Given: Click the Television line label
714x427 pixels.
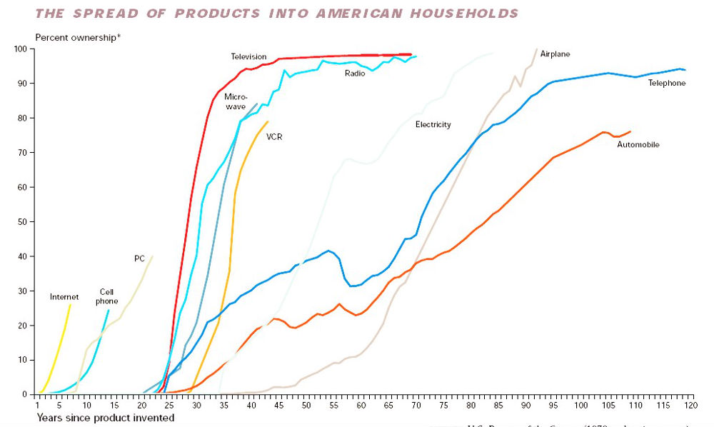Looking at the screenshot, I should tap(248, 56).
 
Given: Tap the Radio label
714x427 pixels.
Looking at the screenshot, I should tap(355, 73).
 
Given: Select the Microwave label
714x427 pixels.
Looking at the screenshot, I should tap(235, 101).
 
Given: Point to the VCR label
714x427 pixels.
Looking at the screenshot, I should tap(274, 136).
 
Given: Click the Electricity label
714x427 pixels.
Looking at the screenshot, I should tap(433, 125).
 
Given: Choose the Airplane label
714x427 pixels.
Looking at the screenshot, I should tap(555, 54).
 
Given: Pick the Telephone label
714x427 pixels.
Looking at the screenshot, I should tap(666, 84).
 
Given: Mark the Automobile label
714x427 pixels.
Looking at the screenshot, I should tap(638, 145).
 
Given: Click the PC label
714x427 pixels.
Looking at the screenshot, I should tap(139, 258).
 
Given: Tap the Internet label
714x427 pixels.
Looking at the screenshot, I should tap(64, 297).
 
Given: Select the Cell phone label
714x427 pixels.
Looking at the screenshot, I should tap(106, 296).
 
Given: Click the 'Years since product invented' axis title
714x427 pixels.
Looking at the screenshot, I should tap(106, 418).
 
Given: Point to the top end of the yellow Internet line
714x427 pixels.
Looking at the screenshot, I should tap(71, 304).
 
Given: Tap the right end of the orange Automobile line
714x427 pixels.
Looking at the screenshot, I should tap(630, 131).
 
